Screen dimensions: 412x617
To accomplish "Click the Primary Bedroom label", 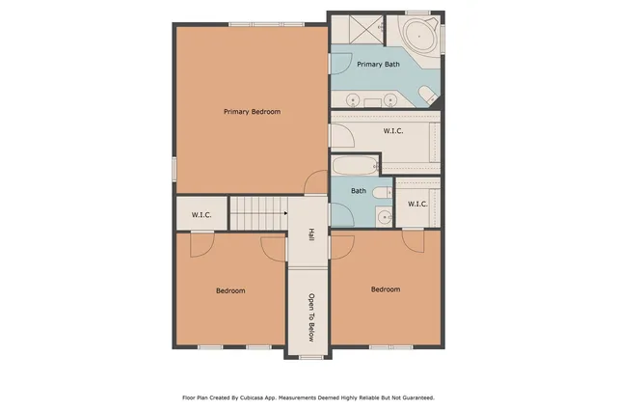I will tap(252, 112).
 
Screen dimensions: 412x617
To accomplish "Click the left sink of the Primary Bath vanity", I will tap(354, 99).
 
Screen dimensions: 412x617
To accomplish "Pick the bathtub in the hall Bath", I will tap(358, 165).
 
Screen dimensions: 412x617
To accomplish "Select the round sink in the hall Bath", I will tap(382, 216).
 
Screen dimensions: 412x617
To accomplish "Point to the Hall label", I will tap(310, 234).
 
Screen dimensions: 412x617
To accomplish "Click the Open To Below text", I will tap(310, 317).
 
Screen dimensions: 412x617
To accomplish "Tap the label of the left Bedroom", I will tap(229, 290).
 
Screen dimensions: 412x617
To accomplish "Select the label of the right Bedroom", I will tap(386, 288).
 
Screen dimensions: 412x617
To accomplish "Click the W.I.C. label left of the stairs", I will tap(201, 214).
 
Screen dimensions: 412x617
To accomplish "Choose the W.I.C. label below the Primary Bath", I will tap(392, 130).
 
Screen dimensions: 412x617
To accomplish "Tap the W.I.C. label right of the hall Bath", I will tap(417, 204).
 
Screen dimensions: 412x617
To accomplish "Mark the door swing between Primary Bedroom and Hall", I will tap(316, 184).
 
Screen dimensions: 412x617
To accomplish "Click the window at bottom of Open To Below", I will tap(310, 357).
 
